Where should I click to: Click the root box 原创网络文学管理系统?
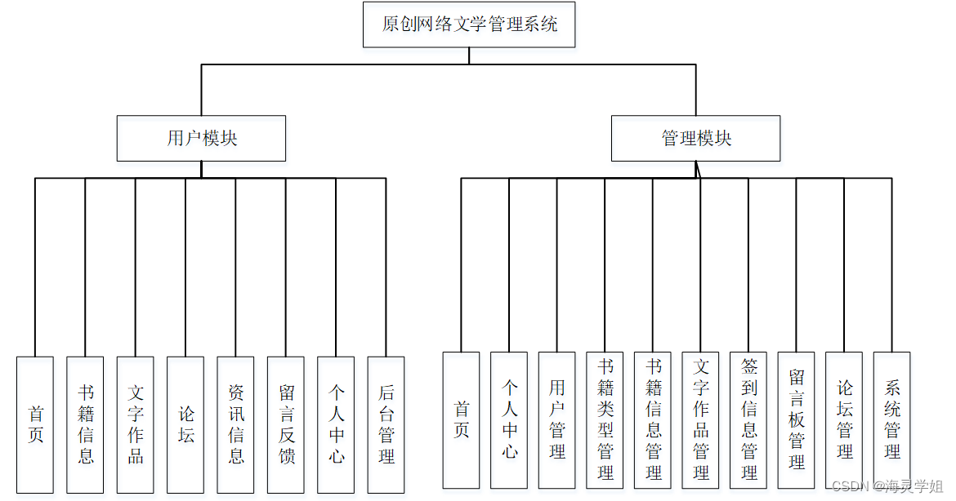pos(469,24)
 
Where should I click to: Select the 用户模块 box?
pos(201,138)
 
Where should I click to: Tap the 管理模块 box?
pos(695,138)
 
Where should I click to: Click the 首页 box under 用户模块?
pos(35,424)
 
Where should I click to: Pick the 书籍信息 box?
pos(85,424)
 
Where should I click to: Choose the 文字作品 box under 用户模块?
pos(136,424)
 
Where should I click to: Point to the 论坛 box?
pos(185,424)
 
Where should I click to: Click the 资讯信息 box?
pos(236,424)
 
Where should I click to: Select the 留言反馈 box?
pos(286,424)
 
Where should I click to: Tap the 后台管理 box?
pos(386,424)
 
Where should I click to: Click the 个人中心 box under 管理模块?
pos(509,419)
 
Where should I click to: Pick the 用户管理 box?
pos(557,419)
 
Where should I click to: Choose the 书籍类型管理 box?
pos(605,419)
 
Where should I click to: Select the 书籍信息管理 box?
pos(653,419)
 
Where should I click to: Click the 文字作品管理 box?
pos(701,419)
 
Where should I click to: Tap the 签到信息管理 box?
pos(748,419)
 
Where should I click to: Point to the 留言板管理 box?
pos(797,419)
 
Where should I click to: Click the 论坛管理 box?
pos(844,419)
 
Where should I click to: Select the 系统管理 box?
pos(892,419)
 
